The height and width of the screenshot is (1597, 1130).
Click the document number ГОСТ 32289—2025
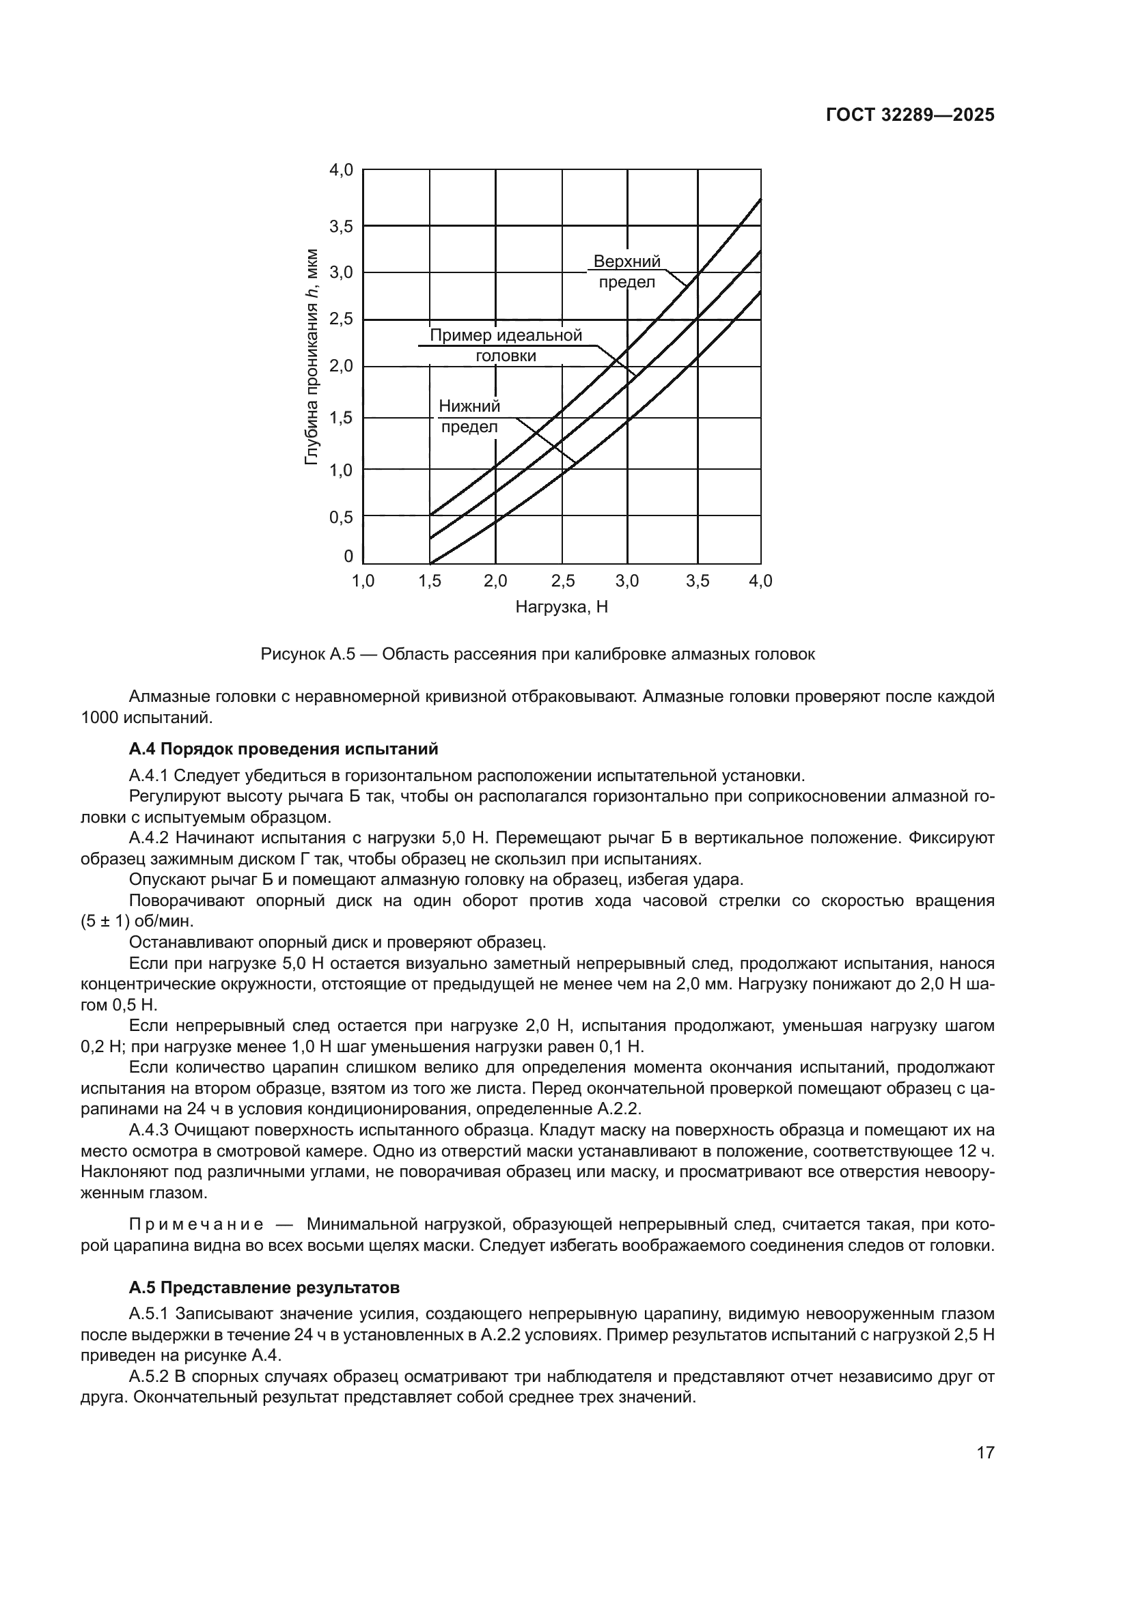tap(910, 115)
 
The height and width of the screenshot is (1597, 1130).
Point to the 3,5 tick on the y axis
tap(341, 226)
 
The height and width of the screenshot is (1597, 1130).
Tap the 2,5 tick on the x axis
tap(562, 581)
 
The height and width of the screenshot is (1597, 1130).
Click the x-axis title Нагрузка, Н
tap(562, 607)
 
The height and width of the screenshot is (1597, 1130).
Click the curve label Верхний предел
tap(626, 272)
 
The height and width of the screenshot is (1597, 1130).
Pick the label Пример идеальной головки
tap(506, 345)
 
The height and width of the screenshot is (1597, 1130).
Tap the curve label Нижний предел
tap(469, 416)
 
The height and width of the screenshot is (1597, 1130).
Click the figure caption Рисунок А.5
tap(537, 655)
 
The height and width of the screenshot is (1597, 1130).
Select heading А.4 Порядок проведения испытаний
tap(284, 749)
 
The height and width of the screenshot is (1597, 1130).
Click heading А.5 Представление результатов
tap(264, 1288)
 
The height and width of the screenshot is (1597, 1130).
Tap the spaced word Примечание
tap(196, 1224)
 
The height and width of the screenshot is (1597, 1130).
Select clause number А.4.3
tap(149, 1131)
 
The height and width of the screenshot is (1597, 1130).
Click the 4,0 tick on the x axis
tap(760, 581)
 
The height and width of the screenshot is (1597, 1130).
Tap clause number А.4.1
tap(149, 776)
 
